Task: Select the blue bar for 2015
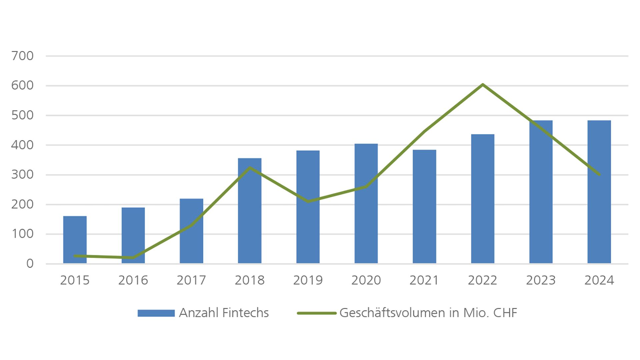tap(75, 240)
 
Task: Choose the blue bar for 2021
tap(424, 207)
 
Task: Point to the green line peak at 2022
tap(482, 85)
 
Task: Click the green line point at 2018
tap(250, 168)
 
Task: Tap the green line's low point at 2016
tap(133, 258)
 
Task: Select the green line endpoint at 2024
tap(599, 174)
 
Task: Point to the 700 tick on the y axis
tap(23, 56)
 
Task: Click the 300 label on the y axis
tap(23, 175)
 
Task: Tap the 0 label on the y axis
tap(30, 264)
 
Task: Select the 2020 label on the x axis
tap(366, 280)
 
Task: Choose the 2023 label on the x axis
tap(541, 280)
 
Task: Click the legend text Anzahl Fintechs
tap(224, 313)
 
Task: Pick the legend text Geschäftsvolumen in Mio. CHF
tap(428, 313)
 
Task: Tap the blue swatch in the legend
tap(156, 313)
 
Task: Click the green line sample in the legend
tap(316, 313)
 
